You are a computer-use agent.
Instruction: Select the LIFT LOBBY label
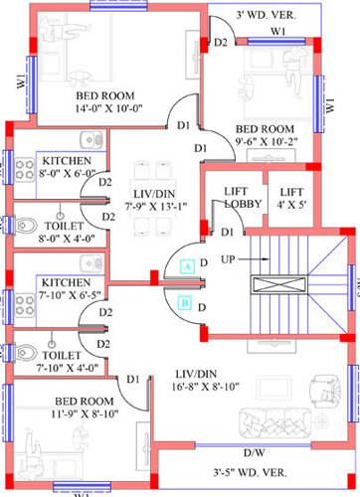click(234, 197)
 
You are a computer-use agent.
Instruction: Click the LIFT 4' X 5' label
click(291, 197)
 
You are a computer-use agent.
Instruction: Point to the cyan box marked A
click(186, 265)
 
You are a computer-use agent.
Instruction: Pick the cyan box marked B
click(186, 303)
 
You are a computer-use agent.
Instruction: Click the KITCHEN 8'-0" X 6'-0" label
click(67, 166)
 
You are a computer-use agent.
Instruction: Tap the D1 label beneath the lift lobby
click(229, 232)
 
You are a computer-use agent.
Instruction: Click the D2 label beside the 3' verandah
click(221, 43)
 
